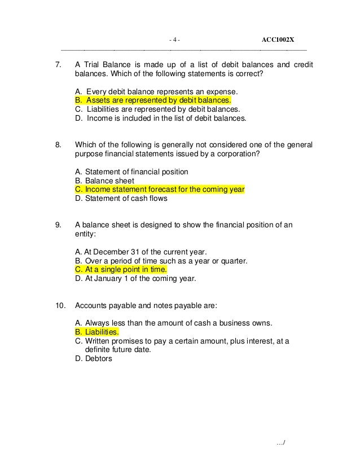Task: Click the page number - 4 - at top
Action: (175, 39)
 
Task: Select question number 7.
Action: (58, 64)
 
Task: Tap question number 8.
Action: (58, 144)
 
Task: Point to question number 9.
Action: (58, 225)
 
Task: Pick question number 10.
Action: (60, 305)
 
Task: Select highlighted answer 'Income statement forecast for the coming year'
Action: (160, 190)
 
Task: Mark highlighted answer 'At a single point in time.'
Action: (121, 270)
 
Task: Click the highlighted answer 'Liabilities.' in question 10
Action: (96, 332)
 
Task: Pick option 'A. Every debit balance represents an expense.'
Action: (156, 91)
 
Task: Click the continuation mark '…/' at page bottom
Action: (281, 444)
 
